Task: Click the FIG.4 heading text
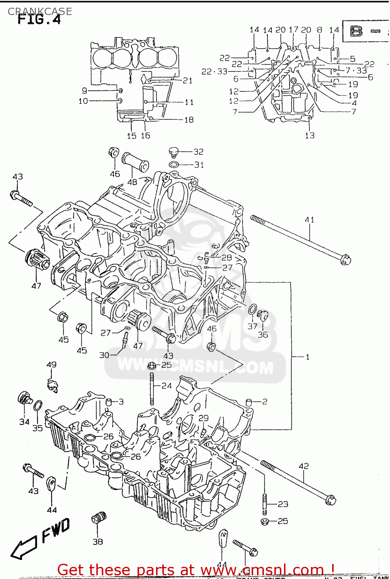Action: (x=39, y=20)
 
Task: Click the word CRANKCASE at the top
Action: (x=40, y=11)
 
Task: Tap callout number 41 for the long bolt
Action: (x=309, y=220)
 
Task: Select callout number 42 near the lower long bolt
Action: (x=304, y=466)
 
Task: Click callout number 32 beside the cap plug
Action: (x=198, y=152)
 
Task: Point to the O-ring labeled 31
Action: (x=174, y=165)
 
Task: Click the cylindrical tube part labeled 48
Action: (x=135, y=162)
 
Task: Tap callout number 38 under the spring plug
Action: (x=97, y=542)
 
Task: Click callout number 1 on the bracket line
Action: (x=308, y=357)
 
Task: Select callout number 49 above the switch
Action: (x=51, y=364)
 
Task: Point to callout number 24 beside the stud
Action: (x=166, y=386)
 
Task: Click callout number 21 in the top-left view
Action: (x=187, y=80)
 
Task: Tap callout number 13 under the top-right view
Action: (x=310, y=135)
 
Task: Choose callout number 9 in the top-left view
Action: (x=84, y=91)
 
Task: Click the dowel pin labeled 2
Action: (x=249, y=403)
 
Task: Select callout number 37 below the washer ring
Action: (x=252, y=326)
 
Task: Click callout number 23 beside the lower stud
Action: (x=283, y=504)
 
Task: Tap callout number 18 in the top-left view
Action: (x=188, y=120)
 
